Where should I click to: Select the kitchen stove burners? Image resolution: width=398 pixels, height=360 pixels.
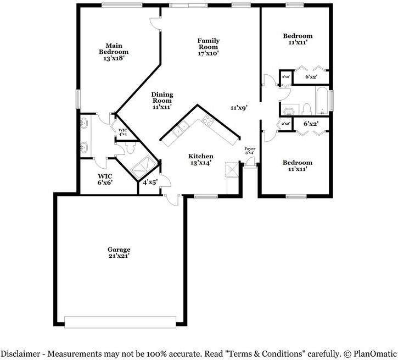208,121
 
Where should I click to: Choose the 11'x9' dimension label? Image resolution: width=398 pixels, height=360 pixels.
239,108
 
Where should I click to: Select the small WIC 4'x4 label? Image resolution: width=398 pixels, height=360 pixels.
122,132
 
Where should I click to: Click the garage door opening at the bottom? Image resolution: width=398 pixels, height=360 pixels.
121,322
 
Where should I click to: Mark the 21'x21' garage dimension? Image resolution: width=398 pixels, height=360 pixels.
119,256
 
